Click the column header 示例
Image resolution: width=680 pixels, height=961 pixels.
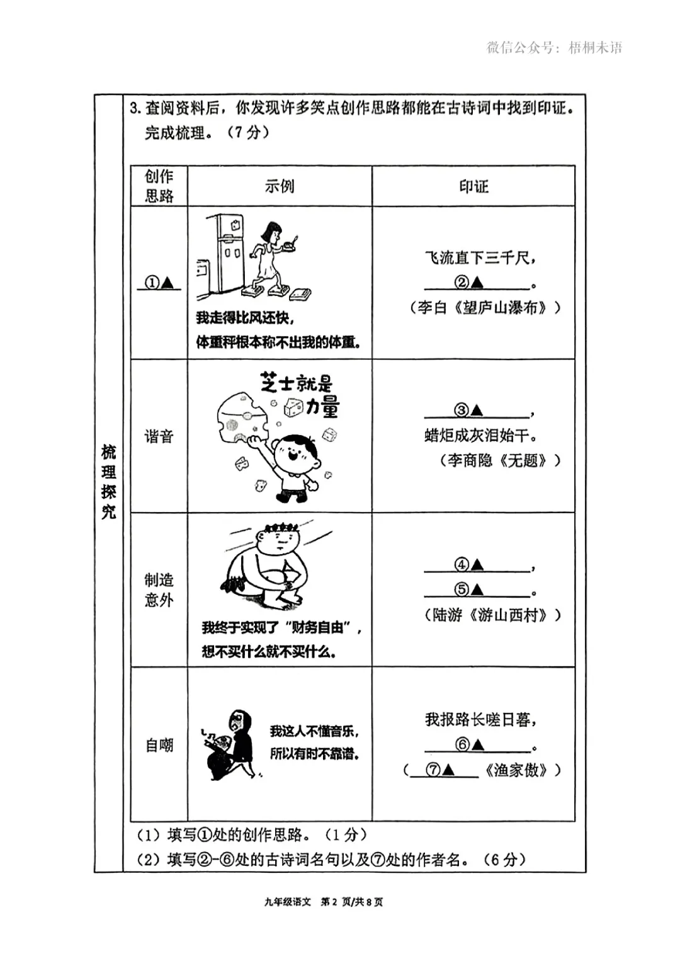(280, 186)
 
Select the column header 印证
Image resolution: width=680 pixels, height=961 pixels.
(473, 186)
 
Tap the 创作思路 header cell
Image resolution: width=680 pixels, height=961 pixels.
(159, 186)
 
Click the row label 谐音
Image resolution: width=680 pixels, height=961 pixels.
(159, 436)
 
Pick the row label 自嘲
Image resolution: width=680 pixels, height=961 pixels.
(159, 746)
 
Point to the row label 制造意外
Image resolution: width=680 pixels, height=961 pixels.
(159, 589)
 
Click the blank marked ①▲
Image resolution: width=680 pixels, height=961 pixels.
(159, 283)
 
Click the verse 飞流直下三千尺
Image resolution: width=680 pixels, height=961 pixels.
(480, 258)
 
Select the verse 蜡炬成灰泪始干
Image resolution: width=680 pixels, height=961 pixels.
(480, 436)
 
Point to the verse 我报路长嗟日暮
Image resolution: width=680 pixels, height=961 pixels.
(480, 720)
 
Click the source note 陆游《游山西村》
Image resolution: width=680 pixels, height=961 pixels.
(492, 615)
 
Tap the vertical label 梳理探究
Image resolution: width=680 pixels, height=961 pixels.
(109, 482)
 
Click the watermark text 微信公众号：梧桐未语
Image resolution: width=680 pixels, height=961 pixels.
(554, 48)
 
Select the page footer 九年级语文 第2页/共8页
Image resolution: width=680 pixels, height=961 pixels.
(324, 902)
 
